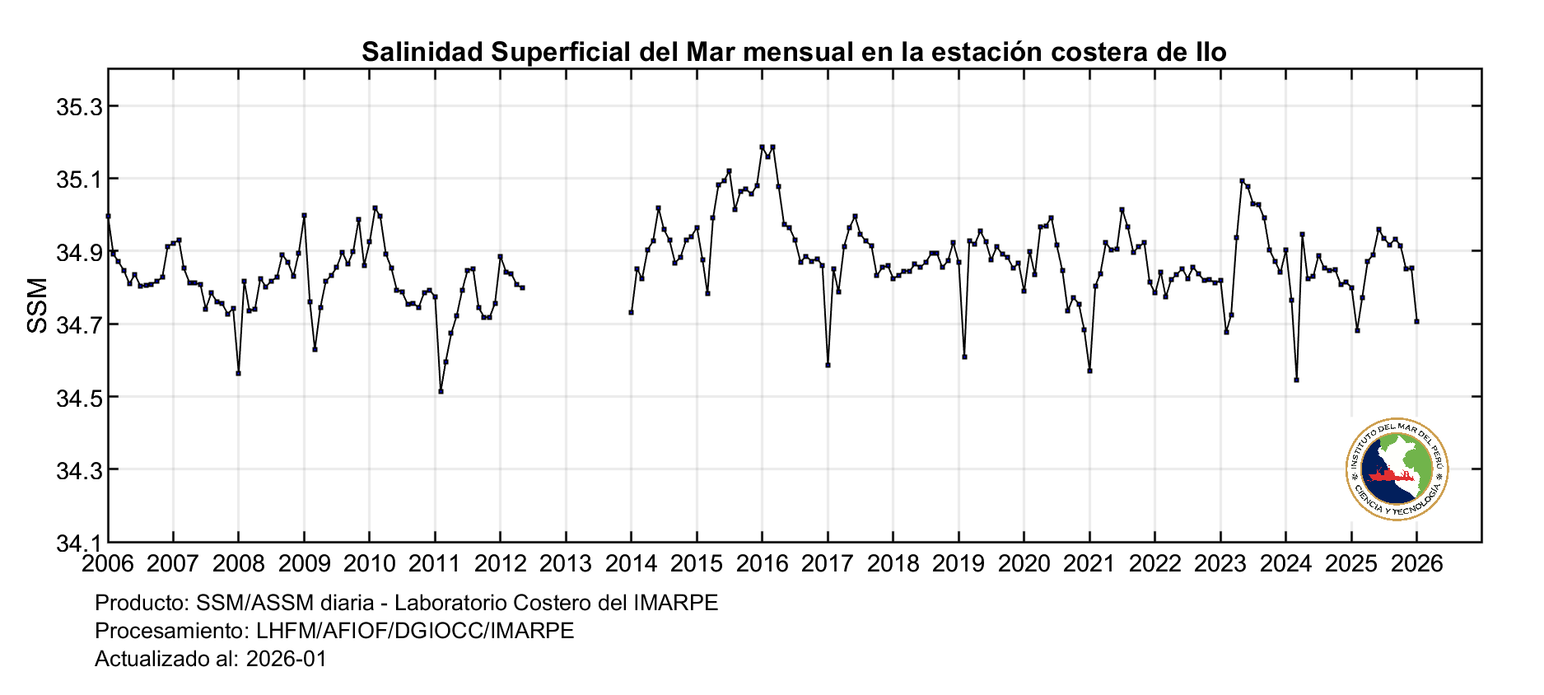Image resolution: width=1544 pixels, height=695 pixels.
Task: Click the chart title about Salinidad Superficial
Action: pos(794,52)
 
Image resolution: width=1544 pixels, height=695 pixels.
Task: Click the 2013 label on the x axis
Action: pos(566,564)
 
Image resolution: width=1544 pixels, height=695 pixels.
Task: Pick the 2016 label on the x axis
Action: pos(762,564)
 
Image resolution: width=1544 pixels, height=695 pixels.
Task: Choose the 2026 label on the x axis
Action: pos(1416,564)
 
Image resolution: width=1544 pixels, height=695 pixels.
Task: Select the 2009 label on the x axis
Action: pos(304,564)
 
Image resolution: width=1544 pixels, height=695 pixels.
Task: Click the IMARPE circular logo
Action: pos(1397,469)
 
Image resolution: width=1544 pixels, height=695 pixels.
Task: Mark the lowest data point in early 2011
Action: pos(441,391)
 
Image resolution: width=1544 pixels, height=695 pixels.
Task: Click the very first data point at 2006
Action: pos(108,216)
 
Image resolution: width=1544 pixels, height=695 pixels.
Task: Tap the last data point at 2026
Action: pos(1416,321)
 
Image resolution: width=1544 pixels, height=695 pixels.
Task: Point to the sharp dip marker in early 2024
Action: pos(1296,380)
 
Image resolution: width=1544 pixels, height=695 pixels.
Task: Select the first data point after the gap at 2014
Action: pos(631,312)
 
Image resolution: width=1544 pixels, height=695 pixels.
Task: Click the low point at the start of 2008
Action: pos(238,373)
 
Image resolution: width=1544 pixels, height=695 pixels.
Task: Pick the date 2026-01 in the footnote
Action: pos(287,659)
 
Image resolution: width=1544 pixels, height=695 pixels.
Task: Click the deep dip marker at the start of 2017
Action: pos(828,365)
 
